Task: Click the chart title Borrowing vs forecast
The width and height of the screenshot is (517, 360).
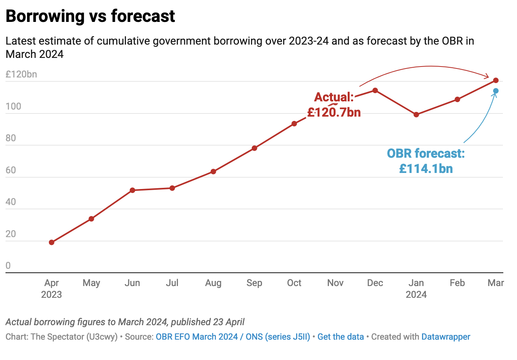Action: pyautogui.click(x=90, y=16)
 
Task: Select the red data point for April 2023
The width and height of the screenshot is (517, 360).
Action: pyautogui.click(x=52, y=242)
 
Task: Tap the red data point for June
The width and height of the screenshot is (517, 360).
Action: pyautogui.click(x=133, y=190)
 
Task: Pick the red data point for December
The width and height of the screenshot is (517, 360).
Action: pyautogui.click(x=375, y=90)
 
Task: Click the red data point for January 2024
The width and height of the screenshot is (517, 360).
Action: pyautogui.click(x=416, y=115)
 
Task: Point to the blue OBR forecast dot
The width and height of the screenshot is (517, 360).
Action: pyautogui.click(x=496, y=91)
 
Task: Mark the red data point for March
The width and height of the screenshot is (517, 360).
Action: pyautogui.click(x=496, y=80)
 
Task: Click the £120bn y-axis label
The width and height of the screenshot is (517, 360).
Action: pyautogui.click(x=21, y=74)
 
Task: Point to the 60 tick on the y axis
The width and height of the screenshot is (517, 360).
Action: pyautogui.click(x=11, y=170)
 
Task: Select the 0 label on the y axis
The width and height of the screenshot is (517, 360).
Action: pyautogui.click(x=8, y=266)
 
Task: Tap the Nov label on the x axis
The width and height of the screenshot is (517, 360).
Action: pyautogui.click(x=335, y=283)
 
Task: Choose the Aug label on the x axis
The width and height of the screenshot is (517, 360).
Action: pyautogui.click(x=213, y=283)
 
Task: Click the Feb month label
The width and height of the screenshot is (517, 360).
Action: pyautogui.click(x=457, y=283)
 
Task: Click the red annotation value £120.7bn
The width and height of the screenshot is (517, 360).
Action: pyautogui.click(x=334, y=113)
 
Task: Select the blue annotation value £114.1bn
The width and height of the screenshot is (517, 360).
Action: pyautogui.click(x=426, y=169)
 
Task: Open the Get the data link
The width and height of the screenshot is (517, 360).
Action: pyautogui.click(x=341, y=337)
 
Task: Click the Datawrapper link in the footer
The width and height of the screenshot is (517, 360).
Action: pyautogui.click(x=446, y=337)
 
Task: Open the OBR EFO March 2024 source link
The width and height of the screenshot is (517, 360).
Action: pyautogui.click(x=197, y=337)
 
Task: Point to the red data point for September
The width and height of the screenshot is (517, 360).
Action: pyautogui.click(x=254, y=148)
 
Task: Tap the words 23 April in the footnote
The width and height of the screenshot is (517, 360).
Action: pyautogui.click(x=229, y=322)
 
